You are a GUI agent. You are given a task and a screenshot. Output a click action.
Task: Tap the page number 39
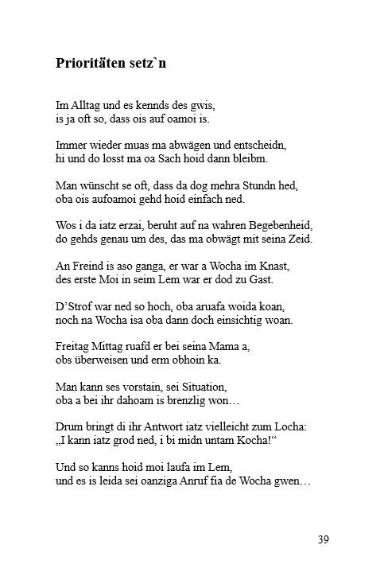[x=322, y=539]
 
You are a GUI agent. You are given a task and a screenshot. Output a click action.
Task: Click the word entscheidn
[x=259, y=146]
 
